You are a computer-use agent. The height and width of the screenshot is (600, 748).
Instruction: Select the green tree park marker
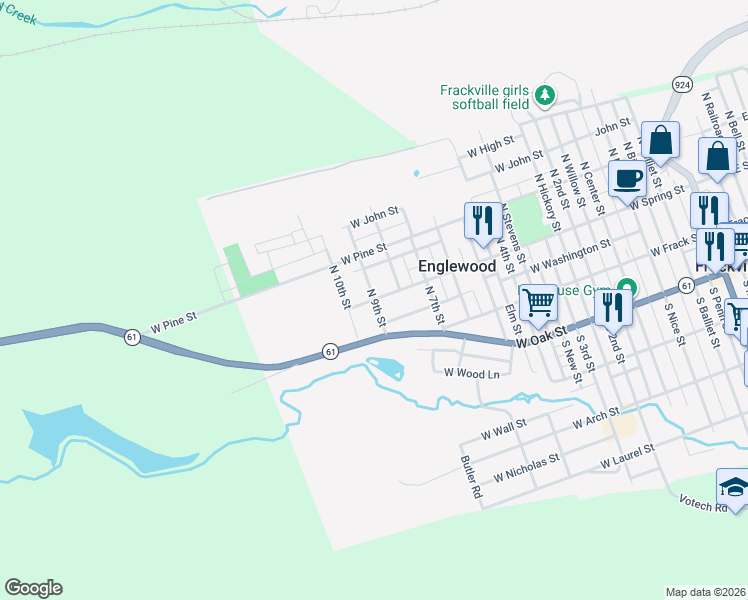[544, 96]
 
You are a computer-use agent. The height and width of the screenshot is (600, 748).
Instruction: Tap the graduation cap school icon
[734, 488]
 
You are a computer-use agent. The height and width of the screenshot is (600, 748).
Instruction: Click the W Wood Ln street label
[471, 374]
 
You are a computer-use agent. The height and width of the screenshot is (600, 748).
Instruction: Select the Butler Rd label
[471, 478]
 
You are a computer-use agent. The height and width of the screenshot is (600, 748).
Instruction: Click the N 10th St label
[339, 287]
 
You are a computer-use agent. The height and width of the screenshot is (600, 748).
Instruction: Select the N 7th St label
[434, 306]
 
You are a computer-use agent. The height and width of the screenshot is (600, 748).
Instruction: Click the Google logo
[33, 588]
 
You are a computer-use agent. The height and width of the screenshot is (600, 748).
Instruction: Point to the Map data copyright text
[706, 591]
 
